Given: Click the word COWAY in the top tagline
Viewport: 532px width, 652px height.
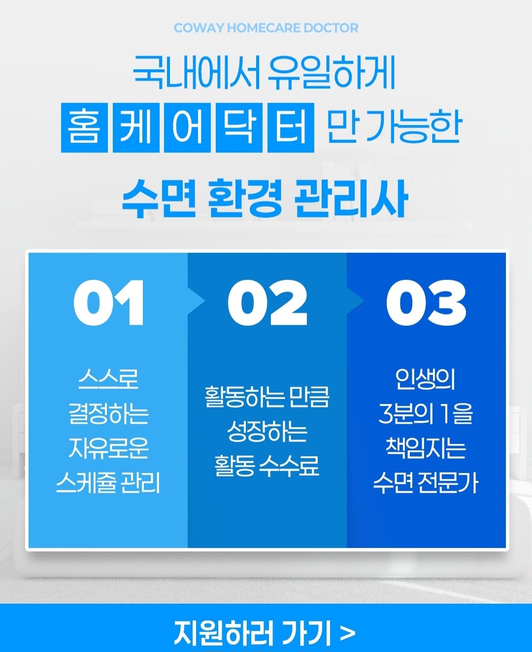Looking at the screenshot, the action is point(199,28).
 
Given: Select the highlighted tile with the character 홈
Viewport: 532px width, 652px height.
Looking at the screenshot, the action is point(84,128).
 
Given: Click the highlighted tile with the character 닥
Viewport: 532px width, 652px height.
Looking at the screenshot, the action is point(239,128).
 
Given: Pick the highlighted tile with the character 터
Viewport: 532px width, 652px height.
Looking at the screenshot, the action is point(291,128).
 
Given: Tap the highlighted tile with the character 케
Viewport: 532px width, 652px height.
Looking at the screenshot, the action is point(136,128).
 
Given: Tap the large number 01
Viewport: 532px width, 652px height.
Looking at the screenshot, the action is point(109,303).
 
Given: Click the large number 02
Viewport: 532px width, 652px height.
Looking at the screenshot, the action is point(267,303).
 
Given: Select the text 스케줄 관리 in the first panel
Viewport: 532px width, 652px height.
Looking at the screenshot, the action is point(108,483).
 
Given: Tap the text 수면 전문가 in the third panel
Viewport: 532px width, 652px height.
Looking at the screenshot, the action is point(426,483).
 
